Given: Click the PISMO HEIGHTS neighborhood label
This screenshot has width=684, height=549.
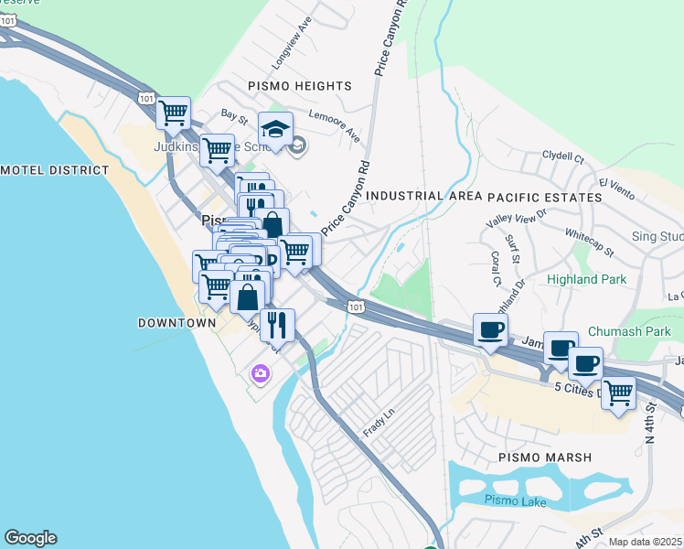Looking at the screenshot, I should (300, 85).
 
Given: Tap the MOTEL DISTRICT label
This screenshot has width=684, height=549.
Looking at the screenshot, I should (55, 170).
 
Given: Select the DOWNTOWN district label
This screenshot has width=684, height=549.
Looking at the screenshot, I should (176, 323).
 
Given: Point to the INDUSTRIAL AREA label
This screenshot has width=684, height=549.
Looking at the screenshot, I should (423, 196).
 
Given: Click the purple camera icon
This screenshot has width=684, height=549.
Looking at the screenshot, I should (261, 372).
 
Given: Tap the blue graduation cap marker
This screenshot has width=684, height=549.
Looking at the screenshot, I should (274, 127).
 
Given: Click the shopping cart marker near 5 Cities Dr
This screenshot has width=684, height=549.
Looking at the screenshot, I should (619, 393).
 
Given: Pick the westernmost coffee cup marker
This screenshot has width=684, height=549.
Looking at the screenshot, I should (490, 329).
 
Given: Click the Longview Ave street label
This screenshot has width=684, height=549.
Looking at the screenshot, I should (293, 54).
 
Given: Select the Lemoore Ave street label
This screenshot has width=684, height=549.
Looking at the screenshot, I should (335, 125).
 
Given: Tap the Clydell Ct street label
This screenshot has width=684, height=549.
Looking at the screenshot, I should (563, 156).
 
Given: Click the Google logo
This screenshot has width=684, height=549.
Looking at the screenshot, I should (30, 538).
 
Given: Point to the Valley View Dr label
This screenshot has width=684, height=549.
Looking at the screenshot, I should (517, 218).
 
